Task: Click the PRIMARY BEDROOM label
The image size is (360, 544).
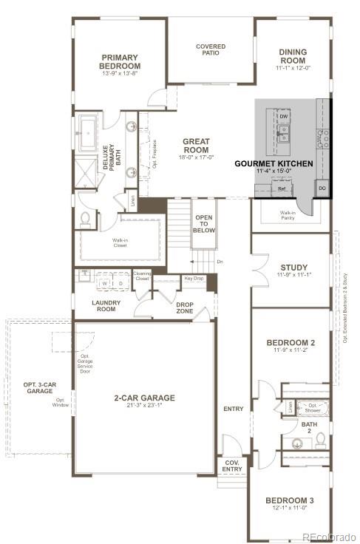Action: pos(121,61)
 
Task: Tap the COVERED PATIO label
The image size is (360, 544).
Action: pos(211,50)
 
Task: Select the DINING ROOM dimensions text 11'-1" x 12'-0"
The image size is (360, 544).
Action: pos(293,68)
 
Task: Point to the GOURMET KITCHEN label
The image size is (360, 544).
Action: pos(274,163)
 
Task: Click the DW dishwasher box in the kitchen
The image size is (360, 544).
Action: pos(283,116)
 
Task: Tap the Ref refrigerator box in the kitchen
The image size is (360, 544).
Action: pos(282,188)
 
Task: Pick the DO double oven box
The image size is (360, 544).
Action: pos(322,188)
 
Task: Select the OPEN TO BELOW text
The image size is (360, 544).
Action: pos(204,224)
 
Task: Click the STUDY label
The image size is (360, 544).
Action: pos(293,268)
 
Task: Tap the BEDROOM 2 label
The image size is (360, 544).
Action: pos(291,342)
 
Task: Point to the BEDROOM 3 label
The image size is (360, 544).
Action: pos(289,501)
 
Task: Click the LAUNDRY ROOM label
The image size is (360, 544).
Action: pos(105,306)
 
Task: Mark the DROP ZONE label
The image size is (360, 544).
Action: pos(185,307)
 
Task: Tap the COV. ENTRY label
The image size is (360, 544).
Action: pos(232,466)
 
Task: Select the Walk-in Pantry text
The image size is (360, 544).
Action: pos(288,215)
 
